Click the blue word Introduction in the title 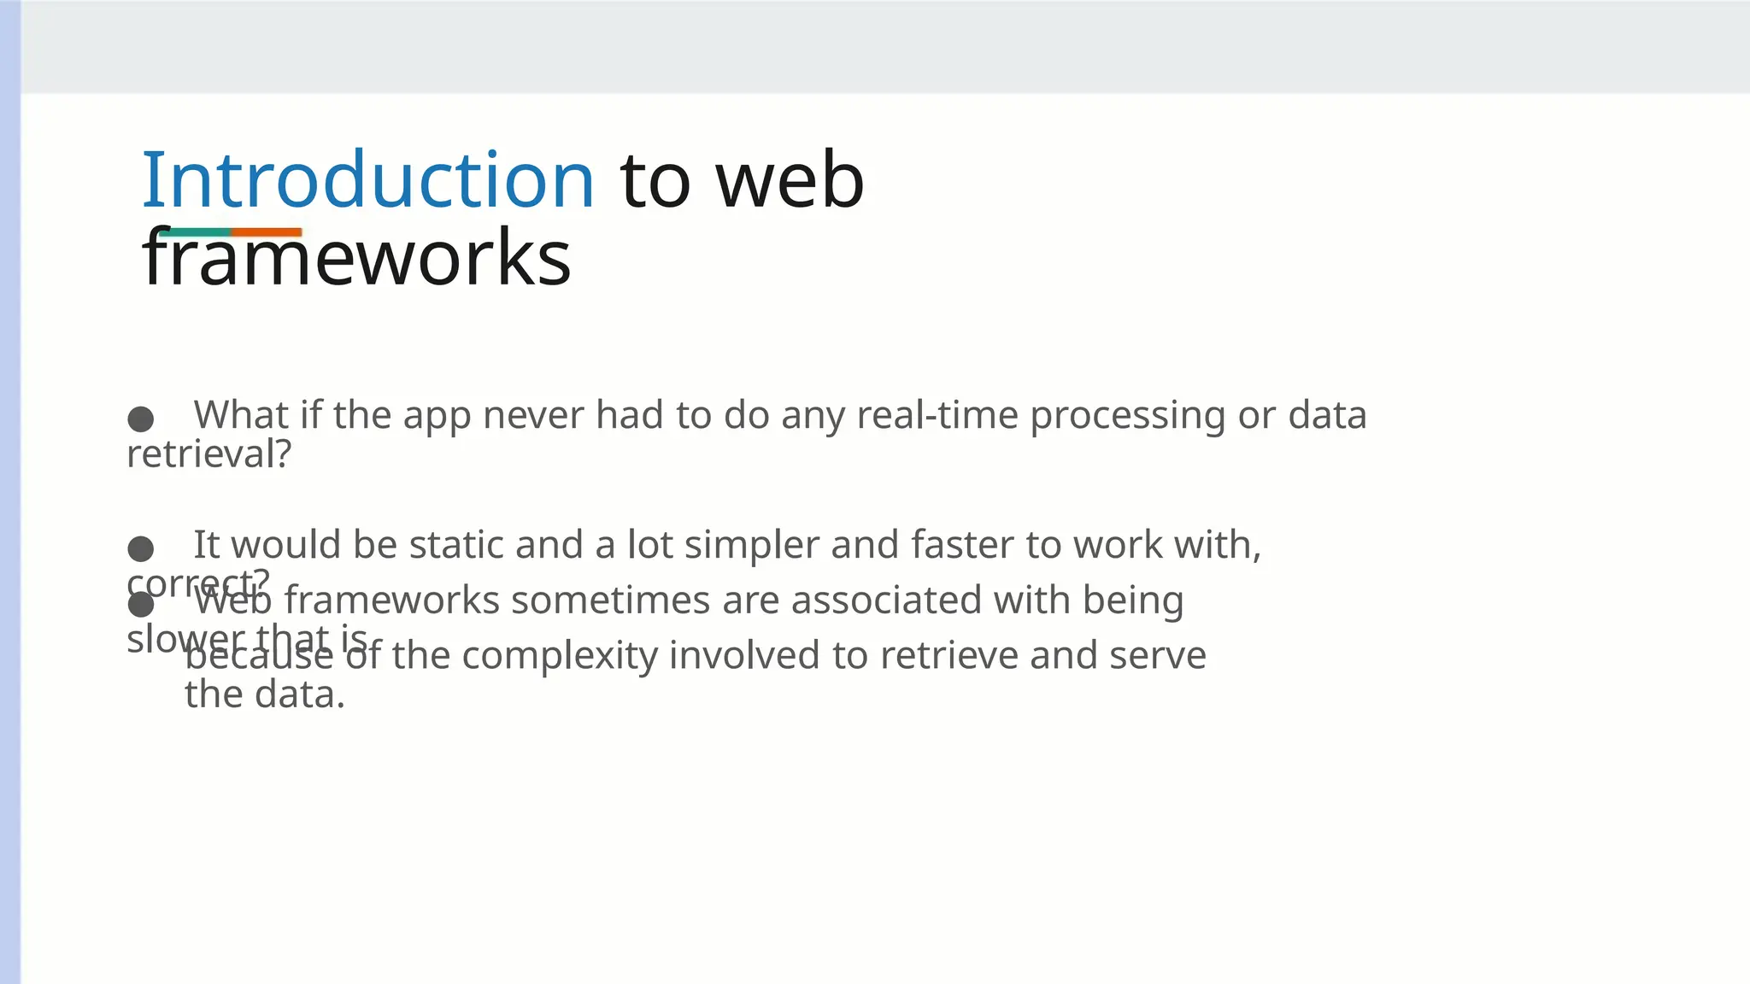pyautogui.click(x=367, y=180)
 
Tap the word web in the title pyautogui.click(x=790, y=180)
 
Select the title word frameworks pyautogui.click(x=356, y=258)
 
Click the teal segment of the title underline pyautogui.click(x=195, y=232)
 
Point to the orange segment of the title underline pyautogui.click(x=266, y=232)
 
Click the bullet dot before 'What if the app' pyautogui.click(x=140, y=419)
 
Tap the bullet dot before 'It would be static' pyautogui.click(x=140, y=548)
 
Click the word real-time pyautogui.click(x=937, y=415)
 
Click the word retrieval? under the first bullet pyautogui.click(x=209, y=454)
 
